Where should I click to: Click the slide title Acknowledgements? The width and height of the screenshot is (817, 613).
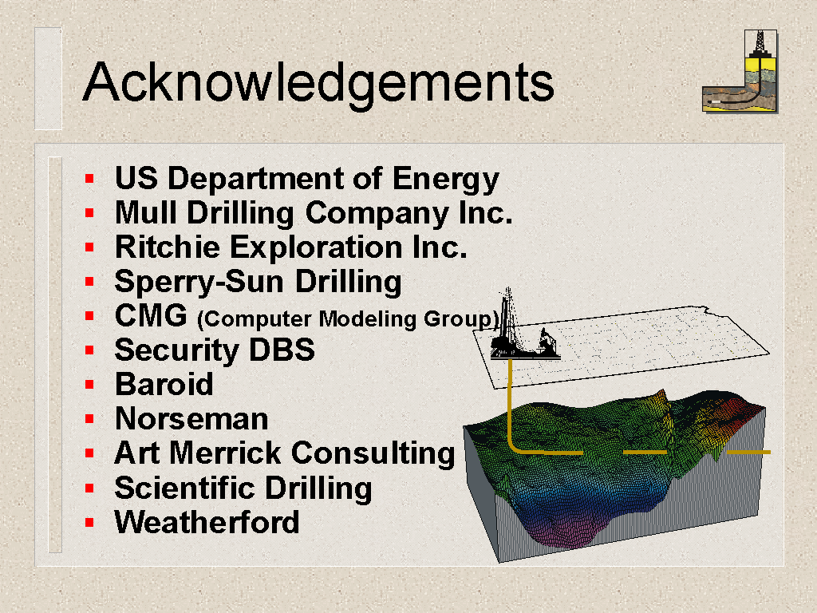(318, 83)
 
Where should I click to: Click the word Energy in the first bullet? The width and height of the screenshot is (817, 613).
(445, 180)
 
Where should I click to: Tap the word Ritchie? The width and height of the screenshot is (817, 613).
(167, 247)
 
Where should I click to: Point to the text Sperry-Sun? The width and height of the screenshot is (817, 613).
(199, 283)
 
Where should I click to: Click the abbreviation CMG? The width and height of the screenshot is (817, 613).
(151, 315)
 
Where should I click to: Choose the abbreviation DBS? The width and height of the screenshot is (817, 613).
(282, 350)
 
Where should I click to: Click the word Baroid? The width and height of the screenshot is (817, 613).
(164, 384)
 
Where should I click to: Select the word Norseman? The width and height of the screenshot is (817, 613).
(191, 418)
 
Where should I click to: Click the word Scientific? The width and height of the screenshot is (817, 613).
(184, 488)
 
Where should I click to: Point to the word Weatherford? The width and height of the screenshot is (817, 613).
(207, 522)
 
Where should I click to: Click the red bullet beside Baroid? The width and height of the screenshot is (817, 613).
(89, 385)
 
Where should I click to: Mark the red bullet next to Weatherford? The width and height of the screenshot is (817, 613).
(89, 522)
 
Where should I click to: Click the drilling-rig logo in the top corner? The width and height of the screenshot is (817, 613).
(740, 71)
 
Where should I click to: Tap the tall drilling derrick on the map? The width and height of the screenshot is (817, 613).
(507, 323)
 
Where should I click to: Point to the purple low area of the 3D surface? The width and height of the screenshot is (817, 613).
(560, 532)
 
